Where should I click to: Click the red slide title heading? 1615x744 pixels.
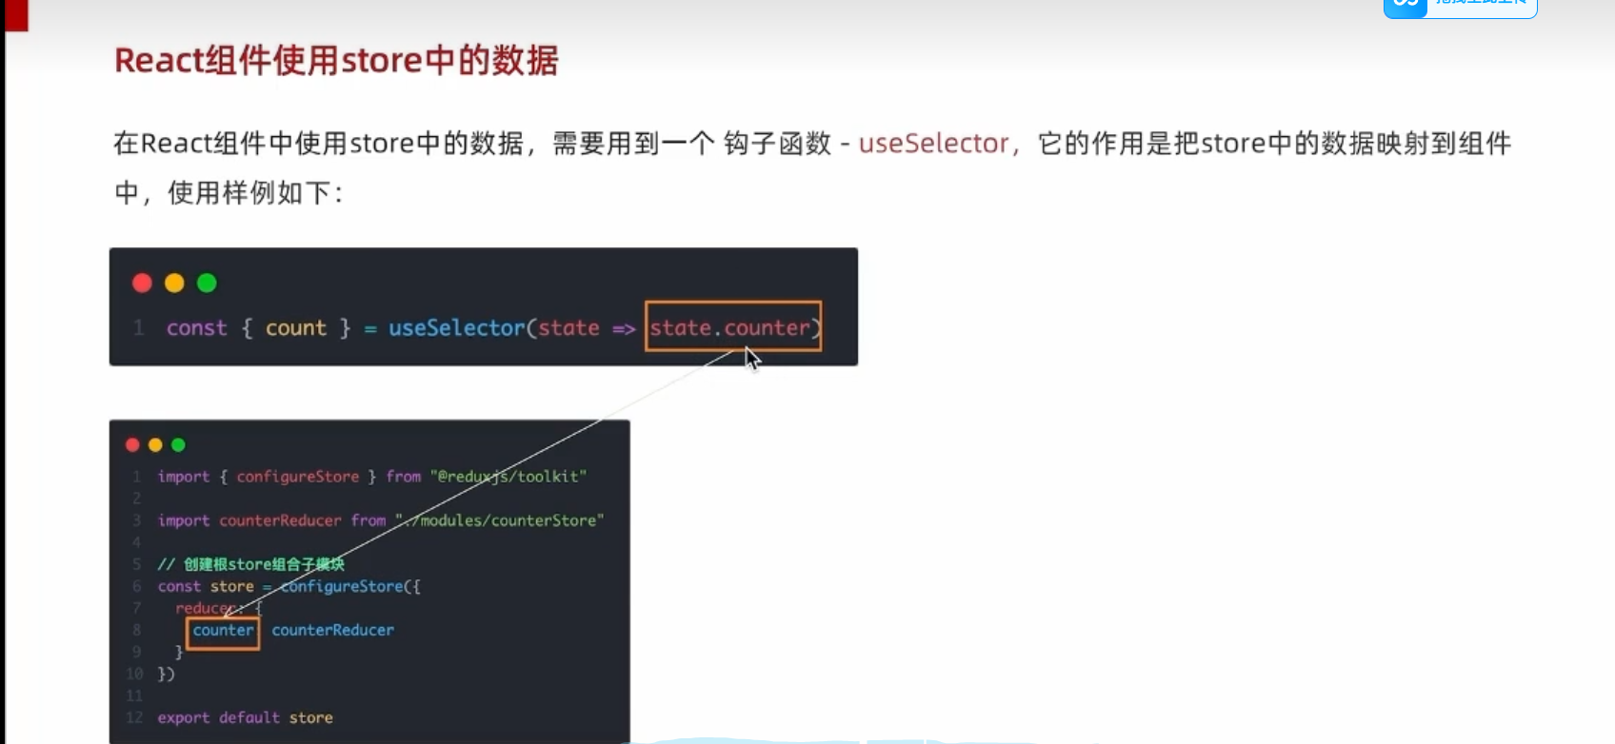tap(336, 61)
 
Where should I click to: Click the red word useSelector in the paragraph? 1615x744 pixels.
tap(933, 144)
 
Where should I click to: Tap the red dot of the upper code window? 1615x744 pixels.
tap(142, 283)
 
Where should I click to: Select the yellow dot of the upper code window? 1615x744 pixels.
tap(174, 283)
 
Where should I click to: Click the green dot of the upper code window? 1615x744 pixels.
tap(207, 283)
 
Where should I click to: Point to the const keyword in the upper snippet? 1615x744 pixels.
tap(196, 328)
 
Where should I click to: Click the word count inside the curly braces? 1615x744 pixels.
tap(295, 328)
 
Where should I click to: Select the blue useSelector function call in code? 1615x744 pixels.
tap(456, 328)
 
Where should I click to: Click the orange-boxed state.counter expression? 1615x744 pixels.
tap(732, 327)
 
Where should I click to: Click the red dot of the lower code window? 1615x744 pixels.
tap(132, 444)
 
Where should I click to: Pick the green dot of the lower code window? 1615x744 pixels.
tap(178, 444)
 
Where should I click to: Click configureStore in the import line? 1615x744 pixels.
tap(298, 477)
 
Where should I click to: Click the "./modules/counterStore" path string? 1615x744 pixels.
tap(500, 520)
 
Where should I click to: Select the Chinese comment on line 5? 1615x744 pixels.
tap(250, 564)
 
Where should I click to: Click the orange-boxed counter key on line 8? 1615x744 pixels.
tap(223, 631)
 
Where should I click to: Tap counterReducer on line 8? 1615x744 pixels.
tap(332, 631)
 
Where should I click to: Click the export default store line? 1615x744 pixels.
tap(245, 718)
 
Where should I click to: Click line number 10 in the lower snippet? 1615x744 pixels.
tap(134, 675)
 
